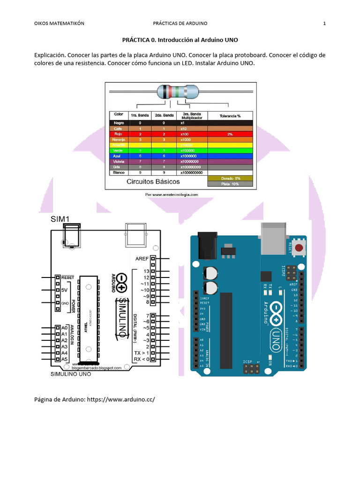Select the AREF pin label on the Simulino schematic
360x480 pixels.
[x=142, y=258]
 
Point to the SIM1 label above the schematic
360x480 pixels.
[x=60, y=219]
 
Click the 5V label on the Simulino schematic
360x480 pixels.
[x=65, y=290]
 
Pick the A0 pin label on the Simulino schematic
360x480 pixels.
[x=65, y=328]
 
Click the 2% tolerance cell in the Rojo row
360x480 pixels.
[x=230, y=134]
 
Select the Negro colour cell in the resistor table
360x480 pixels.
[x=118, y=123]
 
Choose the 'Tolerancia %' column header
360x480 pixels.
[x=230, y=115]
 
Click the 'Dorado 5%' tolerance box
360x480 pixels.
[x=231, y=178]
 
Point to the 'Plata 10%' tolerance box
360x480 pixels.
[x=231, y=184]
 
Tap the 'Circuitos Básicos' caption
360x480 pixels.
[x=147, y=180]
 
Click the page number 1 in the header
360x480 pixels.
[x=324, y=23]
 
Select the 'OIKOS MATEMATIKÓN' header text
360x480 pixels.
[x=60, y=23]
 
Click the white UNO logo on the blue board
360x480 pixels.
[x=276, y=338]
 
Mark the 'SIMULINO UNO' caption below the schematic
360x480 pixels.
[x=70, y=375]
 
